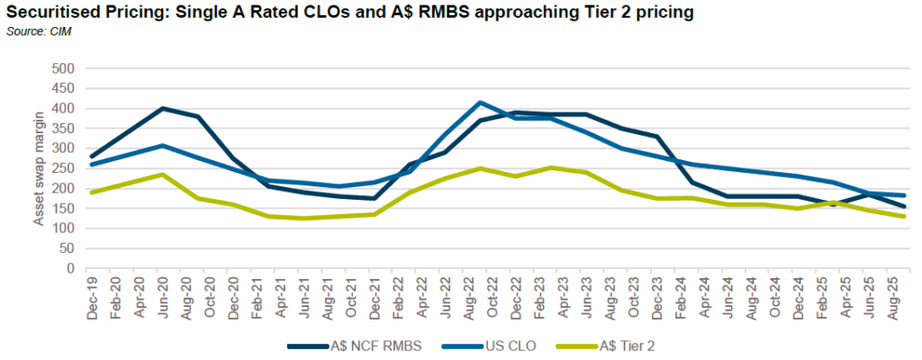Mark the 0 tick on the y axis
tap(68, 268)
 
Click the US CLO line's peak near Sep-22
tap(481, 103)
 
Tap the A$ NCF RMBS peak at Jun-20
tap(161, 108)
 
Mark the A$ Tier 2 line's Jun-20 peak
tap(161, 175)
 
